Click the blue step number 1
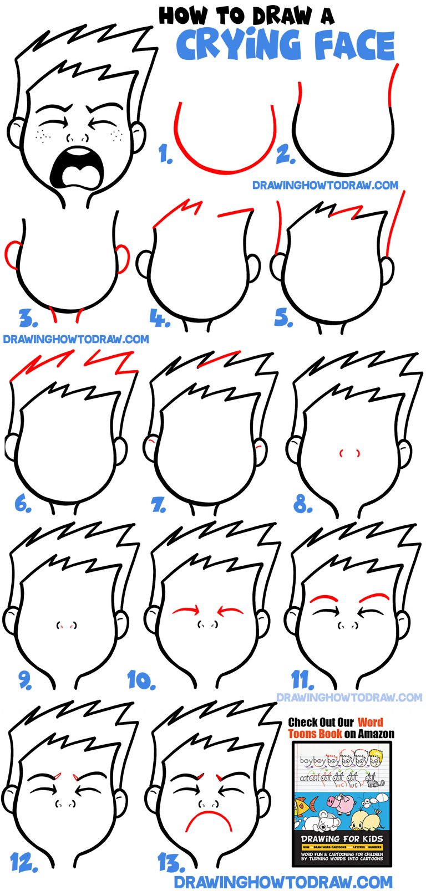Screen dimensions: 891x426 point(165,153)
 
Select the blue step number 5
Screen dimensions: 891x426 point(283,318)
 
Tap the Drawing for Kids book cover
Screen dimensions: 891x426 point(342,803)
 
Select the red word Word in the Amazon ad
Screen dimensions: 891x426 point(370,722)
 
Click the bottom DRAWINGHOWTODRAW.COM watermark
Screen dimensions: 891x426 point(283,881)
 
